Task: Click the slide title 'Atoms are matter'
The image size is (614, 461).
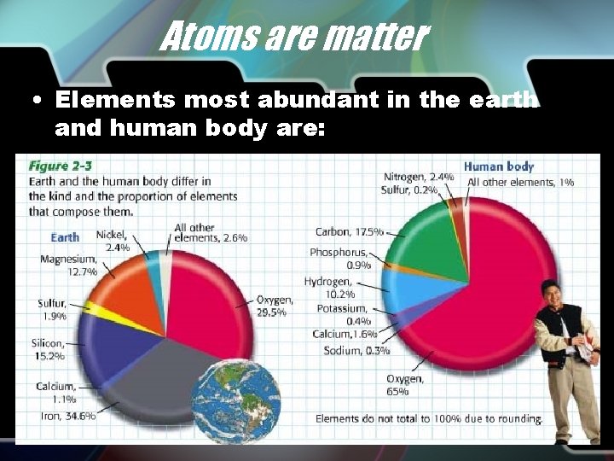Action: point(293,38)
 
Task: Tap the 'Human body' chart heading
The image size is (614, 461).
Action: point(498,166)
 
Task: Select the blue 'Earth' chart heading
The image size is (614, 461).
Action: point(64,236)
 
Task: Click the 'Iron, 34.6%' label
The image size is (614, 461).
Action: point(67,415)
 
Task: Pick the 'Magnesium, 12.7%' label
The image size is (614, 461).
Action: point(68,265)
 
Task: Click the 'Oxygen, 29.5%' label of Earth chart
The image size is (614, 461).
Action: point(274,306)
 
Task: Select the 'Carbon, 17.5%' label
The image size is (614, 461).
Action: point(350,231)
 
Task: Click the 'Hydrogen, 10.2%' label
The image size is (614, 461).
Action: point(327,287)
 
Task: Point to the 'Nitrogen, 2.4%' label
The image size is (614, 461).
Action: point(418,178)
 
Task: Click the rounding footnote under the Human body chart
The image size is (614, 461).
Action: point(428,419)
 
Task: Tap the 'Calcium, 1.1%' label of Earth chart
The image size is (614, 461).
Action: point(56,392)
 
